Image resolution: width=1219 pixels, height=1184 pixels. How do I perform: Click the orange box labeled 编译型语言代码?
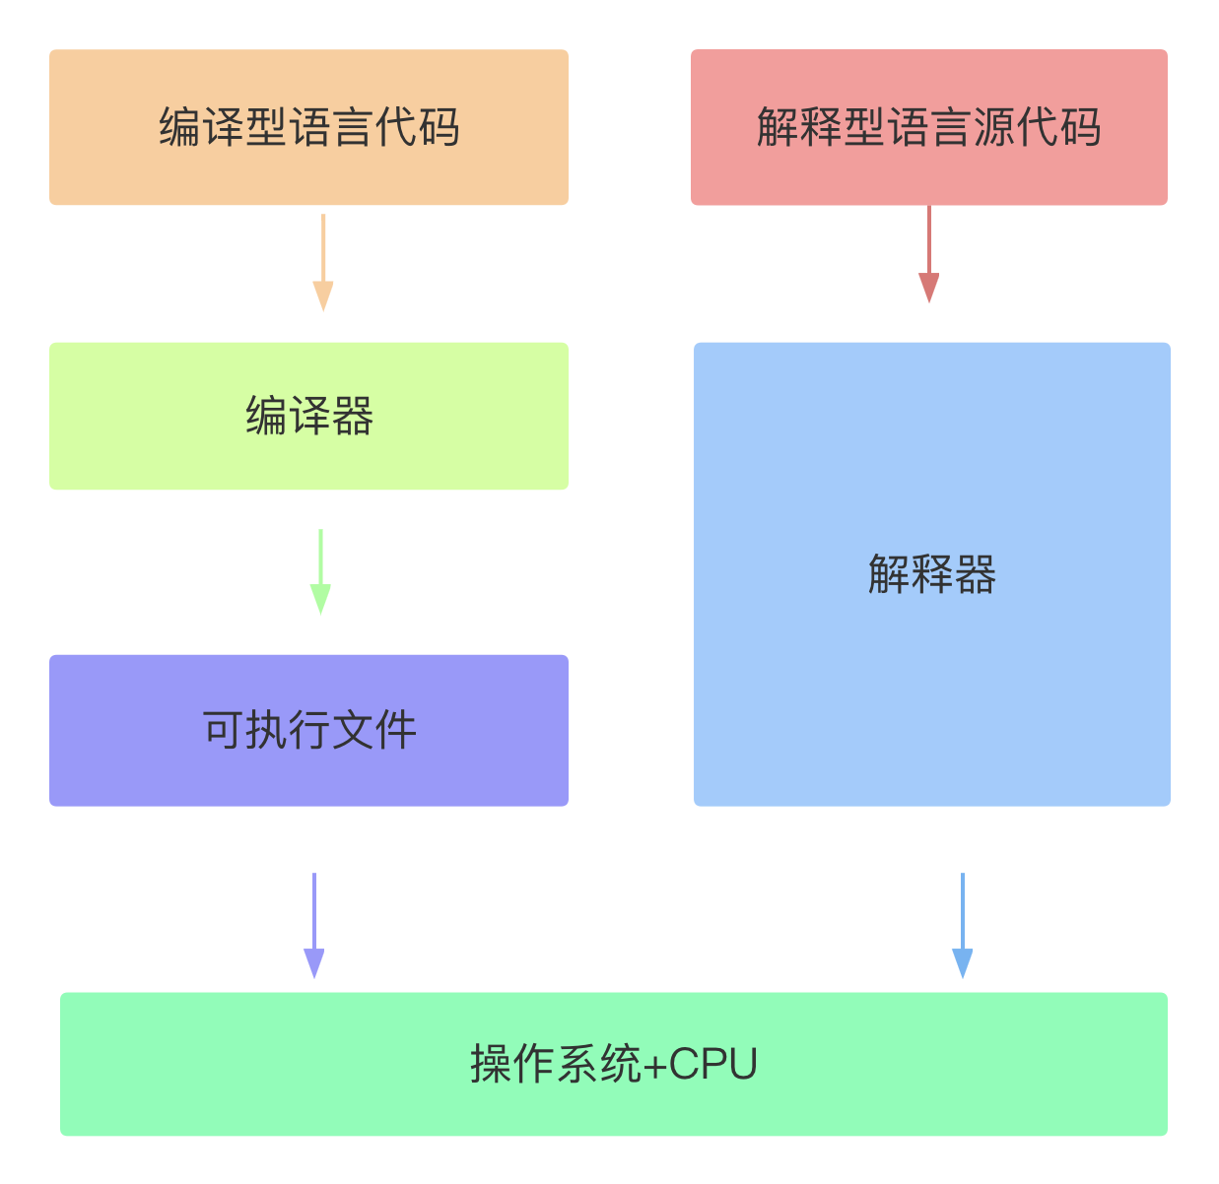click(x=308, y=127)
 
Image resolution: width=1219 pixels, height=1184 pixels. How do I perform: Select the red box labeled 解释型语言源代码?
click(x=928, y=127)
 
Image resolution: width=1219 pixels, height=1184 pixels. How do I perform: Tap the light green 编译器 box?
click(x=308, y=416)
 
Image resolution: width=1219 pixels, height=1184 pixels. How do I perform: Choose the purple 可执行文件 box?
click(x=308, y=730)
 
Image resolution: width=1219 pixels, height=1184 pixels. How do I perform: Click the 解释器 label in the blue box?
click(x=931, y=574)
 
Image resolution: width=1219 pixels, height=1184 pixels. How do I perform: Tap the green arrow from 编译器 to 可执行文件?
click(x=320, y=571)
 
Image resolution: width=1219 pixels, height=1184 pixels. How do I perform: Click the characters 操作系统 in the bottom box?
click(x=555, y=1064)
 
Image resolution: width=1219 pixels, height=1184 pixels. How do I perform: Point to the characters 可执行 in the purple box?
click(x=266, y=730)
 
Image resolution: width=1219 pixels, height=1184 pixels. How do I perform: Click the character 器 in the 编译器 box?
click(x=353, y=416)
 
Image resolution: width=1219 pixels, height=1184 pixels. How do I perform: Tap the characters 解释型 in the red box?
click(x=820, y=127)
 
